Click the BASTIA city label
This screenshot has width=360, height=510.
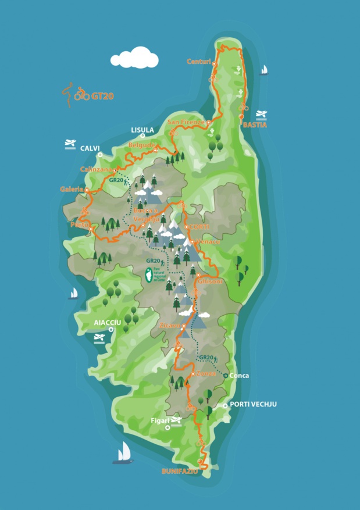[255, 124]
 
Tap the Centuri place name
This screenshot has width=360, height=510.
[198, 61]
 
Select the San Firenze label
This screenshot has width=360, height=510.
[186, 122]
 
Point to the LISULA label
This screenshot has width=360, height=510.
[142, 130]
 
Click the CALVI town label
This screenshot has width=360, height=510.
[90, 148]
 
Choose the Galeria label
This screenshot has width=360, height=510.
[72, 189]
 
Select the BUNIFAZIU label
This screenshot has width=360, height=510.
[179, 472]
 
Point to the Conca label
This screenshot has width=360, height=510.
[239, 376]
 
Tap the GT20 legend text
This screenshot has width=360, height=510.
[102, 97]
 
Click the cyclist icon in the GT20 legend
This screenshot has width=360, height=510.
[81, 95]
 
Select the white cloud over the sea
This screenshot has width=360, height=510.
[135, 57]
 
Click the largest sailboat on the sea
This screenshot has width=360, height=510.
[123, 452]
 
